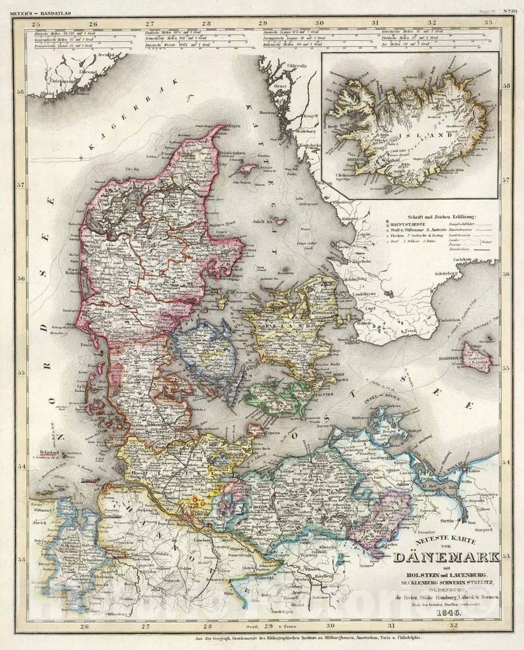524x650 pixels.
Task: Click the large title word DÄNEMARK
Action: [x=446, y=556]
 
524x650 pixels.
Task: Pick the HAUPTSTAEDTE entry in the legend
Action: [x=408, y=224]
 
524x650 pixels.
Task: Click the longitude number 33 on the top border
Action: [x=488, y=23]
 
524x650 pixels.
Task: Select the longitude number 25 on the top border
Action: [x=36, y=23]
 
